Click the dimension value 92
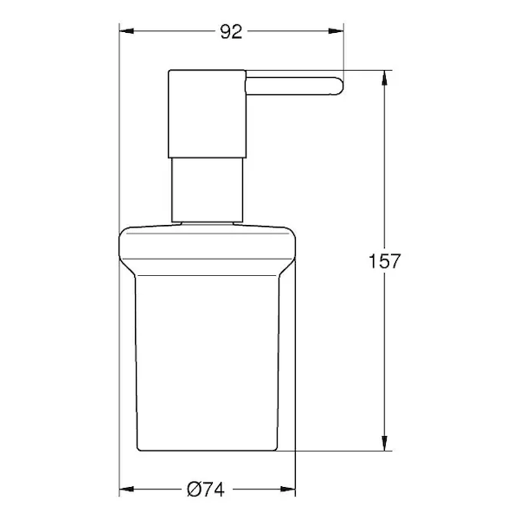click(231, 32)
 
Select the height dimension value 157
click(385, 261)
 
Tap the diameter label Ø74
click(206, 490)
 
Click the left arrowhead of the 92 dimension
click(126, 31)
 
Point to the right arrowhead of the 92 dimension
click(336, 31)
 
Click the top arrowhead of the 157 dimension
click(384, 78)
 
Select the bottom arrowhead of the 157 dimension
click(384, 443)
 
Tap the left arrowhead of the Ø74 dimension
click(126, 490)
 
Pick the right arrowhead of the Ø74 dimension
click(288, 490)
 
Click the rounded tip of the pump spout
click(339, 86)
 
